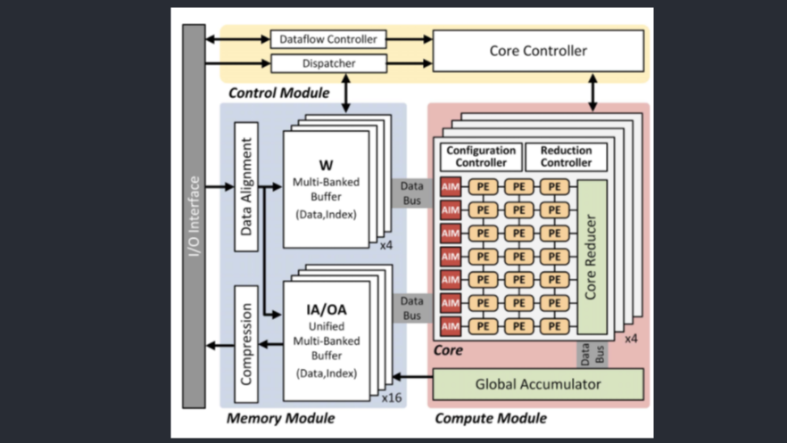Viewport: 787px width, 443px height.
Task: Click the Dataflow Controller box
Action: coord(328,39)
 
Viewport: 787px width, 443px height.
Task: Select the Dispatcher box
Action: coord(328,63)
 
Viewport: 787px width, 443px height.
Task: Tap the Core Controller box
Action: coord(537,51)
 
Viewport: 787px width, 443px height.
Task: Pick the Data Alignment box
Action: coord(246,186)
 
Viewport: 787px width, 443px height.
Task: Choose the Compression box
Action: coord(246,344)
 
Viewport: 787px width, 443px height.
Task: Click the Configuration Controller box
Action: coord(481,157)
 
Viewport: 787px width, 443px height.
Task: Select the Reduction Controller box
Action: coord(566,157)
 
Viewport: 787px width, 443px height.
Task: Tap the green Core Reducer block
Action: coord(592,258)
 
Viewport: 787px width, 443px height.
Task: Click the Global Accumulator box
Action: coord(537,384)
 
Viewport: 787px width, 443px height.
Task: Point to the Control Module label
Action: coord(278,93)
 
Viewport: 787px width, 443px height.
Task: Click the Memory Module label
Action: coord(280,418)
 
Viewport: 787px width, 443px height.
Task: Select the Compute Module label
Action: coord(490,418)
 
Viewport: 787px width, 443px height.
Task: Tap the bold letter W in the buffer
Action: coord(326,165)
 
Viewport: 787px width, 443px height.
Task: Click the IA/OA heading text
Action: coord(326,310)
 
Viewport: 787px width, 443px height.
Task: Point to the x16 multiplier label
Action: coord(391,398)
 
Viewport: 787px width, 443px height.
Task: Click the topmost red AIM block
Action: coord(451,187)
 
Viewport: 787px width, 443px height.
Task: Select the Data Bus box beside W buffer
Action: coord(411,193)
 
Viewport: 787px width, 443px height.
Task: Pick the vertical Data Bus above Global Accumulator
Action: coord(592,353)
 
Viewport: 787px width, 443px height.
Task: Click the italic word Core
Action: coord(448,350)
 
